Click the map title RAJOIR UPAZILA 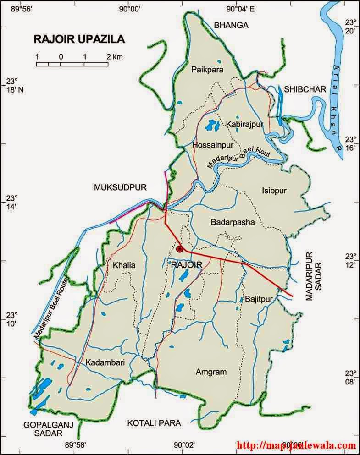click(x=79, y=39)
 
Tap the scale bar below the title click(x=72, y=64)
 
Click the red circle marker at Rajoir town click(x=180, y=249)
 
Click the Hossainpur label click(x=213, y=145)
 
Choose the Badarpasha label click(x=232, y=222)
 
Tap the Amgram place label click(x=211, y=372)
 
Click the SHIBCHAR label click(x=305, y=89)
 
